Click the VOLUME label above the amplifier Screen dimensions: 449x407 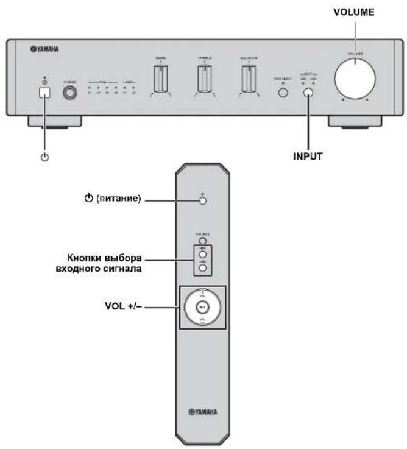[x=353, y=12]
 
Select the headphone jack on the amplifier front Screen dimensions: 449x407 [x=68, y=93]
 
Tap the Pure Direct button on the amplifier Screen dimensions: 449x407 [x=282, y=93]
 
